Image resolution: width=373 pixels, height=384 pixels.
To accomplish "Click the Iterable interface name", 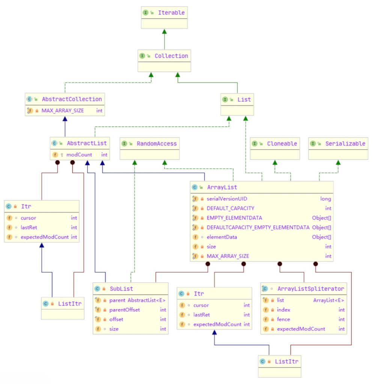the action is click(x=171, y=13).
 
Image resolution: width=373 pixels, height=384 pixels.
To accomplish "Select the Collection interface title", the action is click(x=171, y=56).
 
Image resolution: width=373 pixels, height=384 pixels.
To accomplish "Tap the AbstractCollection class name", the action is click(x=72, y=99).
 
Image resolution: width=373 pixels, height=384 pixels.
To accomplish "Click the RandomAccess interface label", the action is click(x=156, y=144).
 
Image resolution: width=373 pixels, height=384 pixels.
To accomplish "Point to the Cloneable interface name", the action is click(x=282, y=144).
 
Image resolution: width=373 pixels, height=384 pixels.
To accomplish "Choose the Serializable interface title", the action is click(x=345, y=144).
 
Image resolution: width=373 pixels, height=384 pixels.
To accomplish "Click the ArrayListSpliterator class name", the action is click(x=310, y=289).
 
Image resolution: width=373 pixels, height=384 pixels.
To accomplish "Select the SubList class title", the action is click(x=121, y=289).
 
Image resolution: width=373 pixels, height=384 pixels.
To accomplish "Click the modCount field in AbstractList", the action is click(x=79, y=155).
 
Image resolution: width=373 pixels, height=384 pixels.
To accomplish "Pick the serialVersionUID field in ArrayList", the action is click(x=227, y=199).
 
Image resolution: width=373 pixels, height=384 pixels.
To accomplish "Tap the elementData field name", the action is click(x=222, y=237).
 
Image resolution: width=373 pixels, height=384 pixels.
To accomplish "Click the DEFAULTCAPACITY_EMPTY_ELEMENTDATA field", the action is click(x=258, y=228).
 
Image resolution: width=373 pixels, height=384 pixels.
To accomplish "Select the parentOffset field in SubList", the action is click(x=125, y=310).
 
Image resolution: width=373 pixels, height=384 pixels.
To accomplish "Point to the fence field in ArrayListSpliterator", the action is click(x=283, y=319).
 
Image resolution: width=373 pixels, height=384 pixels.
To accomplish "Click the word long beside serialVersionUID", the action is click(x=325, y=199).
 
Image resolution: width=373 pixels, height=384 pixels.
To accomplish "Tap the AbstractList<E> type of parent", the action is click(x=147, y=300).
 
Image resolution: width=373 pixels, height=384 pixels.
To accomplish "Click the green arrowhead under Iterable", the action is click(x=164, y=31).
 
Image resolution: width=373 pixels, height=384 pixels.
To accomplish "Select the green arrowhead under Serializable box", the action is click(x=338, y=162).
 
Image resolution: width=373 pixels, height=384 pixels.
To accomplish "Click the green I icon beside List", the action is click(x=225, y=100).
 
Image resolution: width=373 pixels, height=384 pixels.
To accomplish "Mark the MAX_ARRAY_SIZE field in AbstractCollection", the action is click(x=63, y=111).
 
